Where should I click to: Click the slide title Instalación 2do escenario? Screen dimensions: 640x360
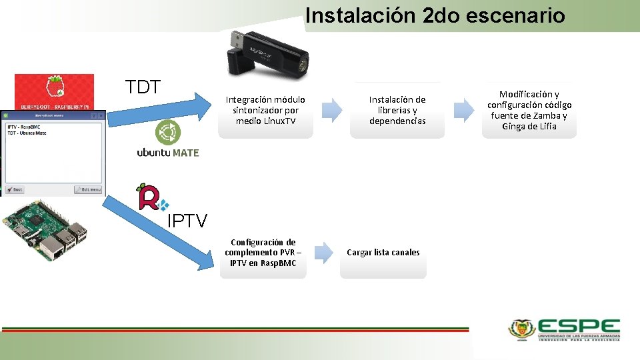[x=435, y=15]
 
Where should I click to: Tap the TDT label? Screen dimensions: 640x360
[x=143, y=87]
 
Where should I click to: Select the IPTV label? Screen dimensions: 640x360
[x=187, y=221]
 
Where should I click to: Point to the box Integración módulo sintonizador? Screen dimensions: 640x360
[x=265, y=111]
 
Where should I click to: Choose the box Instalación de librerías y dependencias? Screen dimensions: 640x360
[x=397, y=111]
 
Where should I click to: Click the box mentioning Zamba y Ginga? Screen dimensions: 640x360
[x=529, y=111]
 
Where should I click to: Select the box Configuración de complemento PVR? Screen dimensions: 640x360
[x=263, y=253]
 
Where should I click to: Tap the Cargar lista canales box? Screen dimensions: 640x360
[x=383, y=253]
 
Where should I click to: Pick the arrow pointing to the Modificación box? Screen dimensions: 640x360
[x=463, y=110]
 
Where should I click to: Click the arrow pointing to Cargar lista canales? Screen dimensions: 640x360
[x=323, y=252]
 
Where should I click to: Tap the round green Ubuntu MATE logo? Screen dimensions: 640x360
[x=168, y=132]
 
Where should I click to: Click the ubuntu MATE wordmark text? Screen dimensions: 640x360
[x=168, y=153]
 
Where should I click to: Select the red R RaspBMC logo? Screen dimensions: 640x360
[x=151, y=197]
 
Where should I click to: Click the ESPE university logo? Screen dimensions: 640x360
[x=564, y=329]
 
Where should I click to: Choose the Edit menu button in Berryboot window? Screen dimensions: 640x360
[x=88, y=189]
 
